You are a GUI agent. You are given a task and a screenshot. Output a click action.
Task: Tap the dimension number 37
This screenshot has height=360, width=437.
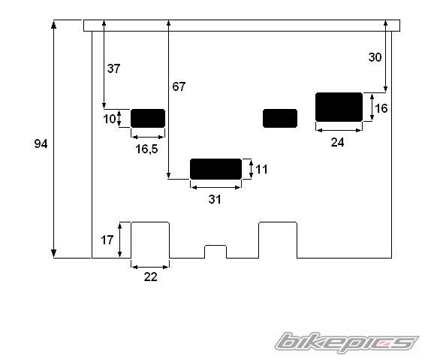coord(114,68)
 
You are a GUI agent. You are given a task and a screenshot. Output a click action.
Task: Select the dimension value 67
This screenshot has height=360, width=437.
coord(178,86)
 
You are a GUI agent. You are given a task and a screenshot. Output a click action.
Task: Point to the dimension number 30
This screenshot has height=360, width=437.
coord(375,57)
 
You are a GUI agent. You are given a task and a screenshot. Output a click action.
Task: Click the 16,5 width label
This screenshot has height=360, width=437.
coord(146,149)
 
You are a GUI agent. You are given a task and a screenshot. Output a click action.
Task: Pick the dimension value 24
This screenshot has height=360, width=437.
coord(337,142)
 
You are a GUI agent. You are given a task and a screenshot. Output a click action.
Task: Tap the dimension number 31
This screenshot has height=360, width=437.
coord(215,199)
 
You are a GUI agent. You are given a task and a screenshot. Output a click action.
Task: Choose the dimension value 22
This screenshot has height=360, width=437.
coord(150,277)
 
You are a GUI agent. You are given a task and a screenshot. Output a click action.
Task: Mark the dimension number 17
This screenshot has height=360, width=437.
coord(107,241)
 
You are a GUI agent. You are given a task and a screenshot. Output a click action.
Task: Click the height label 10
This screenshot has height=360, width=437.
coord(110,119)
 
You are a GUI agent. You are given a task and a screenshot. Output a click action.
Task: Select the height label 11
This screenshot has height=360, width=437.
coord(261,169)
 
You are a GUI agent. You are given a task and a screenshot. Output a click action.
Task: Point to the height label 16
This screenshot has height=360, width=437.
coord(381,108)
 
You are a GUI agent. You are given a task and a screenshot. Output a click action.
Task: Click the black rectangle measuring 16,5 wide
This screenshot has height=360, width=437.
coord(148,118)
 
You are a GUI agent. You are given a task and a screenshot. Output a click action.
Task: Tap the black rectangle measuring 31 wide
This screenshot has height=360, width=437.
coord(215,169)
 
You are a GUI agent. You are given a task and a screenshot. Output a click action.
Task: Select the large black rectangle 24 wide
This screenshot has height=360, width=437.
coord(339,107)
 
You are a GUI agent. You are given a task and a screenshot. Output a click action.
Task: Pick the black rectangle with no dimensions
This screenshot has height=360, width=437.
coord(280,118)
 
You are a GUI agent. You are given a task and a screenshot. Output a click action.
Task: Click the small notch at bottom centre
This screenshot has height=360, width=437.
coord(215,251)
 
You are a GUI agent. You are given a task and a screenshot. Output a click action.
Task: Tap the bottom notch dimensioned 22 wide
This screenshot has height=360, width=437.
coord(150,240)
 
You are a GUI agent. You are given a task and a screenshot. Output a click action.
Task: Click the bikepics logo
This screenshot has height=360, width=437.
coord(346,343)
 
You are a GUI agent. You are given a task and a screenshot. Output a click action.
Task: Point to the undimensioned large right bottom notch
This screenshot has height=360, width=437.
coord(278,240)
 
